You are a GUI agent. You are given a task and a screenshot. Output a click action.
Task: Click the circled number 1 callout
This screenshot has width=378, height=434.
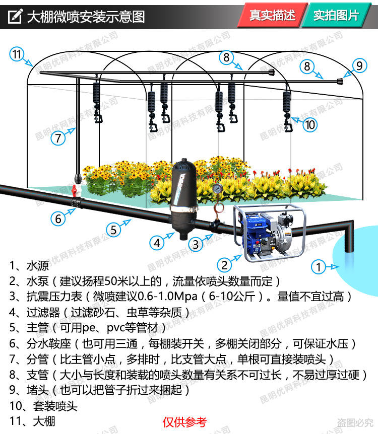[x=319, y=266]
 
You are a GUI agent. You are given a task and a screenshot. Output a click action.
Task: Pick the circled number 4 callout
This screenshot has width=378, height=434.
[x=158, y=243]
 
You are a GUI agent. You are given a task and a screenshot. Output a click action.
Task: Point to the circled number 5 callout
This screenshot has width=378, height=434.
[x=114, y=230]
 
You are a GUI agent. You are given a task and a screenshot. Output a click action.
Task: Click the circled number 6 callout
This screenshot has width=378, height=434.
[x=58, y=219]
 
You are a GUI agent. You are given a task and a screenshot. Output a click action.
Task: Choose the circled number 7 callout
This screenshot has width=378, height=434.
[x=58, y=137]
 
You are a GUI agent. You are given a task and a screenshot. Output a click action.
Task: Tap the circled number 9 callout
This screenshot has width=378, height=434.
[x=359, y=65]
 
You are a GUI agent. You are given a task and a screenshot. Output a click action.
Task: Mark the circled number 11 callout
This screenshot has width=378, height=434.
[x=18, y=54]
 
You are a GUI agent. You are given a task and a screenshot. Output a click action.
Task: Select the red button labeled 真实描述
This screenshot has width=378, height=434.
[x=273, y=16]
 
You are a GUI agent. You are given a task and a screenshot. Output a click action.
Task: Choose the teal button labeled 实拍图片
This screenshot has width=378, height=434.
[x=336, y=16]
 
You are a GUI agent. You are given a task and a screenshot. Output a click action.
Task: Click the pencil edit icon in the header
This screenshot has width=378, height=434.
[x=15, y=16]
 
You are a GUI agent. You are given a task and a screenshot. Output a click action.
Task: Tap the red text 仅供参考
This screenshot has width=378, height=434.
[x=184, y=422]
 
